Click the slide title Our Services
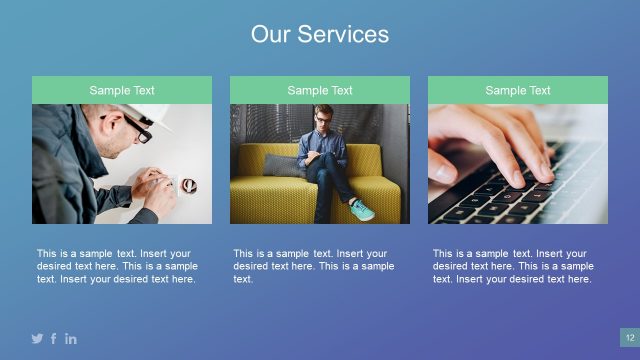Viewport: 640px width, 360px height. pos(320,35)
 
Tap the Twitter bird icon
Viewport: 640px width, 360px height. pos(37,339)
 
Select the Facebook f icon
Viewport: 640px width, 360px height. pos(54,339)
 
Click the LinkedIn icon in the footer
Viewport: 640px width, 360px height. pos(71,339)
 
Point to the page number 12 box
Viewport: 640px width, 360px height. pos(630,338)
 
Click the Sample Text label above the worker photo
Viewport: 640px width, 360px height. pos(122,90)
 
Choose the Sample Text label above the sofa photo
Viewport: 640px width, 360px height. pos(320,90)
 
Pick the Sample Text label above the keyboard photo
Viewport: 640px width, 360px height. pos(518,90)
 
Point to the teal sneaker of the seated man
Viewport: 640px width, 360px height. pos(362,209)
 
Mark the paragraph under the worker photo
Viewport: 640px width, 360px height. pos(118,266)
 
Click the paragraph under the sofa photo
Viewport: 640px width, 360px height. pos(314,266)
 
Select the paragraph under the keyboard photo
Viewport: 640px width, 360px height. pos(513,266)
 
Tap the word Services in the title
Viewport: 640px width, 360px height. pos(348,35)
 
